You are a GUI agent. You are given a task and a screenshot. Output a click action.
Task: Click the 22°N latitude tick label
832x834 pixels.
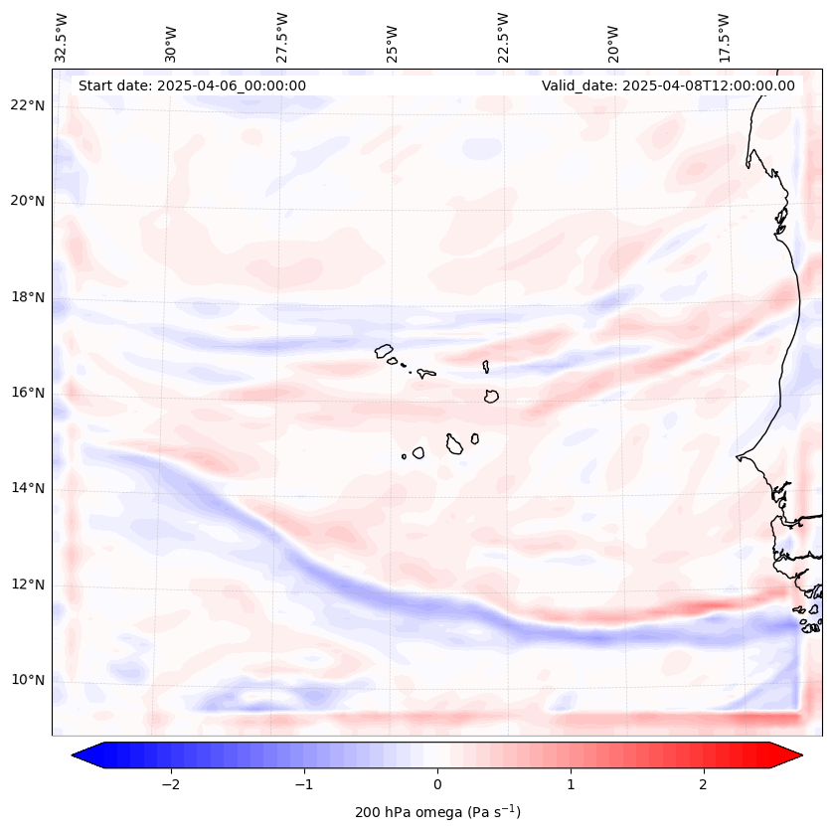pyautogui.click(x=27, y=105)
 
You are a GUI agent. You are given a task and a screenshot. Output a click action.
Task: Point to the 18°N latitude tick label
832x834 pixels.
pyautogui.click(x=27, y=297)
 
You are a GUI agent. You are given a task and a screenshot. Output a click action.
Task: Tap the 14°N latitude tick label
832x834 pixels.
pyautogui.click(x=27, y=488)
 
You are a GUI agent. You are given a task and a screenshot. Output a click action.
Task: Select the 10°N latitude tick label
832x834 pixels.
pyautogui.click(x=27, y=680)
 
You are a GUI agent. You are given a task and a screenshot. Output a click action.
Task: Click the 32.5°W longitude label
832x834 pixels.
pyautogui.click(x=62, y=38)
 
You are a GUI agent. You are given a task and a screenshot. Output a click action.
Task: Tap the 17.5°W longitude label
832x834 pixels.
pyautogui.click(x=724, y=38)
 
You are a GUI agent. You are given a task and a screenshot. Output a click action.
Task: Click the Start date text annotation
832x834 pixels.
pyautogui.click(x=192, y=85)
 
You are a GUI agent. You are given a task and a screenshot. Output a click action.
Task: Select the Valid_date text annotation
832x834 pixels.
pyautogui.click(x=668, y=85)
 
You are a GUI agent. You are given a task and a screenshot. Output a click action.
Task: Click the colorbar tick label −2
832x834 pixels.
pyautogui.click(x=170, y=784)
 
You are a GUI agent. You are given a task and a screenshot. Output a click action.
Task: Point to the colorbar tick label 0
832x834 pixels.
pyautogui.click(x=437, y=784)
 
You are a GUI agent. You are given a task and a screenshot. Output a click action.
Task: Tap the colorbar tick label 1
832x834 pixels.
pyautogui.click(x=571, y=784)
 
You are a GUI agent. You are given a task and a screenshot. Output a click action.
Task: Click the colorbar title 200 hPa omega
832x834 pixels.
pyautogui.click(x=437, y=812)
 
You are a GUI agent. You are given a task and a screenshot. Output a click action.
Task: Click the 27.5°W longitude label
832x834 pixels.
pyautogui.click(x=282, y=38)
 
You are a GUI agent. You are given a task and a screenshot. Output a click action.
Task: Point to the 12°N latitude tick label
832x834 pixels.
pyautogui.click(x=27, y=584)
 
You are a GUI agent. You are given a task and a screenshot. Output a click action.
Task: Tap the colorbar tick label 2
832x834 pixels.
pyautogui.click(x=704, y=784)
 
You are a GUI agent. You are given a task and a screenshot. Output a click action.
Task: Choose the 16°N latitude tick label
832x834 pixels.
pyautogui.click(x=27, y=393)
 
